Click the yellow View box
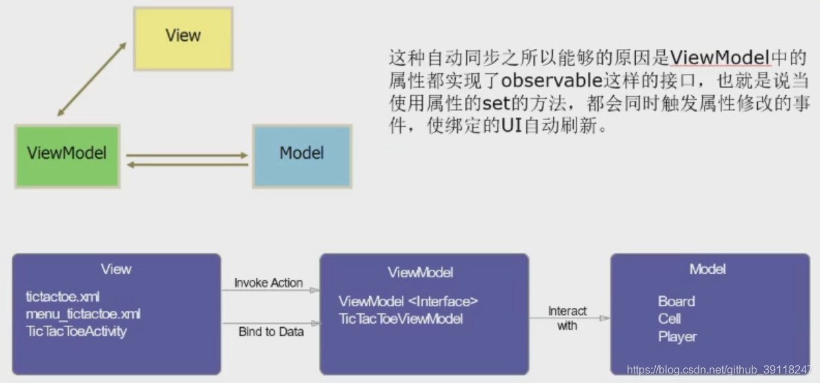183,39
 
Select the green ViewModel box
68,155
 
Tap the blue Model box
301,155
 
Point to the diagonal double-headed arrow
92,78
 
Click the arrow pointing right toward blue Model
186,155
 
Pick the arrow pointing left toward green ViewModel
186,165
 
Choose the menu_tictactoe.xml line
83,314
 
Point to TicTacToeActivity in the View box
77,331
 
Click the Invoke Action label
268,283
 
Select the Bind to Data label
271,332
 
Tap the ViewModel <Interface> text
408,302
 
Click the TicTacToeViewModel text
401,319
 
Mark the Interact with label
567,318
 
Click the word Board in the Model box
677,302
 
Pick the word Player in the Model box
677,337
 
